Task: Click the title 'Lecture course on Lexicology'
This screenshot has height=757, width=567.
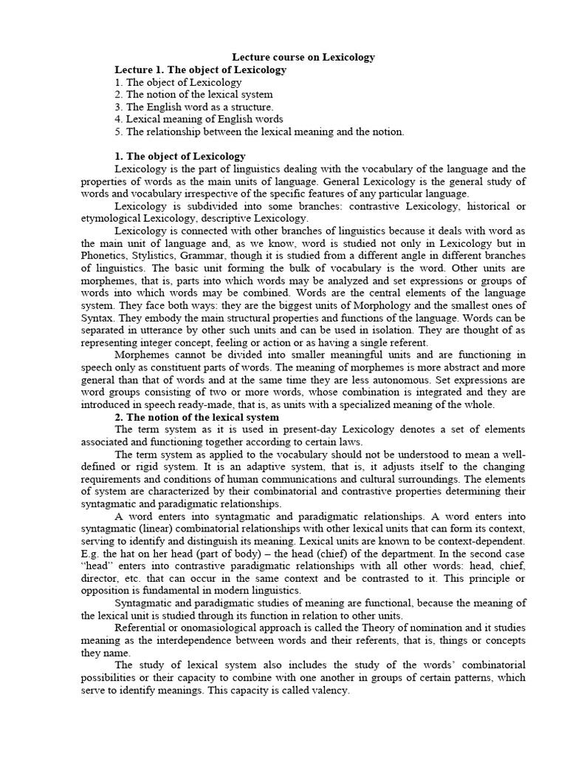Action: (303, 57)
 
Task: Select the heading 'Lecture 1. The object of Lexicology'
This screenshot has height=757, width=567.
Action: (200, 69)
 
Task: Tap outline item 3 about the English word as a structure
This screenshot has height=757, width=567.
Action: (193, 107)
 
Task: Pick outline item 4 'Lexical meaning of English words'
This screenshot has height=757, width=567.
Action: (199, 119)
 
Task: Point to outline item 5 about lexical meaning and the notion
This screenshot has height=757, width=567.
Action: (259, 132)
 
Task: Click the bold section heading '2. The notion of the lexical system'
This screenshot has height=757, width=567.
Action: (197, 418)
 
